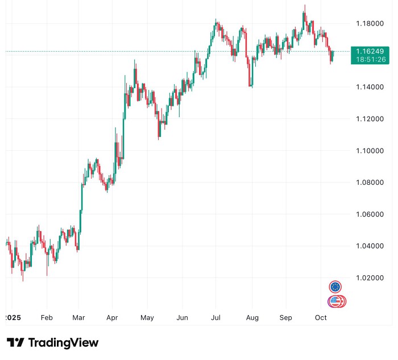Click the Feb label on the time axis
coord(47,318)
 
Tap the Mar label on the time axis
coord(79,318)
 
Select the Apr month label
coord(112,318)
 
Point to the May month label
coord(147,318)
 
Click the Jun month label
coord(182,318)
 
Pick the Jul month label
coord(215,318)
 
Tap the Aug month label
coord(251,318)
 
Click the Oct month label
coord(321,318)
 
